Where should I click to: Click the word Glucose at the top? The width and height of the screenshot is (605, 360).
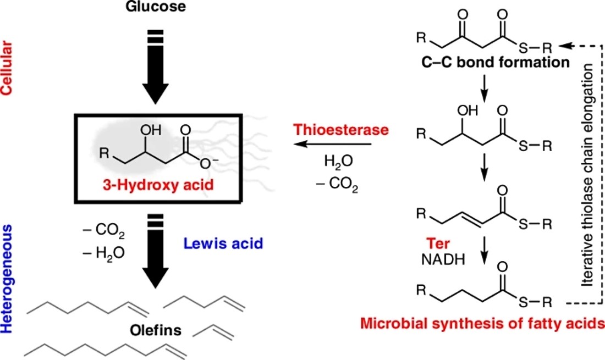tap(156, 7)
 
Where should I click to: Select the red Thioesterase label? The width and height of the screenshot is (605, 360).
tap(341, 130)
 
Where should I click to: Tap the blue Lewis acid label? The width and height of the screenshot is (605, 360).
tap(223, 243)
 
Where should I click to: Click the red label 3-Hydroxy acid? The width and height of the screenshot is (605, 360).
tap(158, 185)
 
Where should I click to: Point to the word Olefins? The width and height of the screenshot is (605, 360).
tap(156, 330)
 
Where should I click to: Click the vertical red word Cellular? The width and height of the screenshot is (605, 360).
tap(7, 68)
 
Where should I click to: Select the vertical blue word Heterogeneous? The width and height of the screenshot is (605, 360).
tap(7, 279)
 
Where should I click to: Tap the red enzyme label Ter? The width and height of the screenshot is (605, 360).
tap(438, 243)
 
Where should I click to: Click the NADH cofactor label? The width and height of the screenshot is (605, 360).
tap(443, 260)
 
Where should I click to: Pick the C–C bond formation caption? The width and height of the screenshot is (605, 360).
tap(496, 62)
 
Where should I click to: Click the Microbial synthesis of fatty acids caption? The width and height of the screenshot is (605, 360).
tap(482, 324)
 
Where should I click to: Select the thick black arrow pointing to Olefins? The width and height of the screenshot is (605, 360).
tap(156, 251)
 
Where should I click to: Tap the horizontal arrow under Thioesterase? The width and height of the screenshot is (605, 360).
tap(332, 144)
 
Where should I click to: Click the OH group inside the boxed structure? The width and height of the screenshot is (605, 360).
tap(151, 130)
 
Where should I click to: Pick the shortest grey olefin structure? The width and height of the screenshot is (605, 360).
tap(213, 333)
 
